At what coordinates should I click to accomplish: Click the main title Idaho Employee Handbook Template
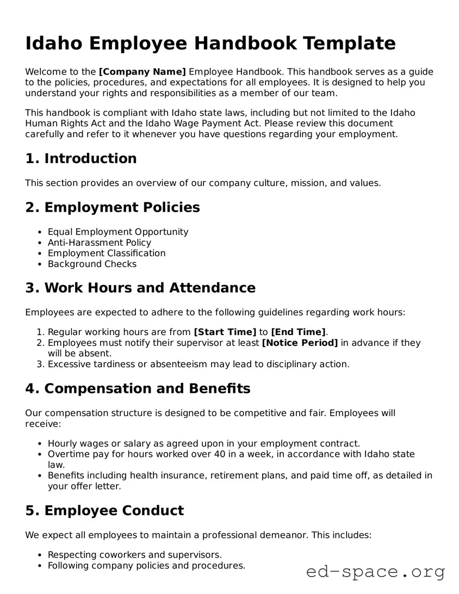click(210, 43)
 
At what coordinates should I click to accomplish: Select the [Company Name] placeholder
click(142, 72)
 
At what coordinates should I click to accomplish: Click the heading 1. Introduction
click(80, 158)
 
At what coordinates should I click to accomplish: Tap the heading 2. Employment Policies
click(112, 207)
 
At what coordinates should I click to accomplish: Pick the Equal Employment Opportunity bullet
click(117, 232)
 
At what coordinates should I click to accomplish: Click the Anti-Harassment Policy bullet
click(99, 243)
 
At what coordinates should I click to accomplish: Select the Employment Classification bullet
click(106, 253)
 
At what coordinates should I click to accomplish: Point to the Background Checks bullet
click(92, 264)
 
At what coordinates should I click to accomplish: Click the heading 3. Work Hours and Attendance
click(140, 288)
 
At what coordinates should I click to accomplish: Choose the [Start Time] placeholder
click(225, 332)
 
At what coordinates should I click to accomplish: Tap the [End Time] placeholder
click(298, 332)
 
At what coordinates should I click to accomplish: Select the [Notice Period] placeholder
click(300, 343)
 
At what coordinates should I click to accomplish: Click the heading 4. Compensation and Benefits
click(138, 388)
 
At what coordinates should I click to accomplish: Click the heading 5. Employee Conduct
click(104, 510)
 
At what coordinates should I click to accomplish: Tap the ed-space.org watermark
click(375, 572)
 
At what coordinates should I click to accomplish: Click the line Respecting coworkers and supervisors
click(134, 555)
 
